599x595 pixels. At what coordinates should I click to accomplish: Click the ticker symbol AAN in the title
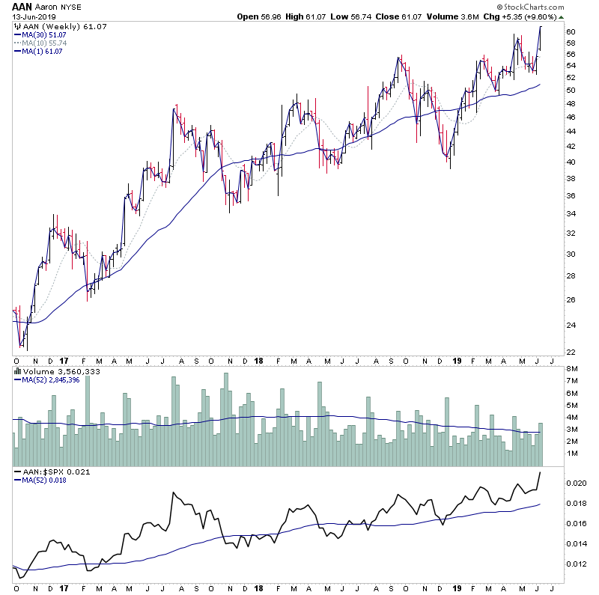point(23,6)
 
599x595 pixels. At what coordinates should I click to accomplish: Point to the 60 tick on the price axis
point(570,32)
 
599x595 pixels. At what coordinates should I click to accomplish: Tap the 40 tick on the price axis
point(570,162)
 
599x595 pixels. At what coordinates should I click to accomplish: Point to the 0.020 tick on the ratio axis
point(576,483)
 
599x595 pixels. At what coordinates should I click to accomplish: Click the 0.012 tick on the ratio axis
point(576,564)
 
